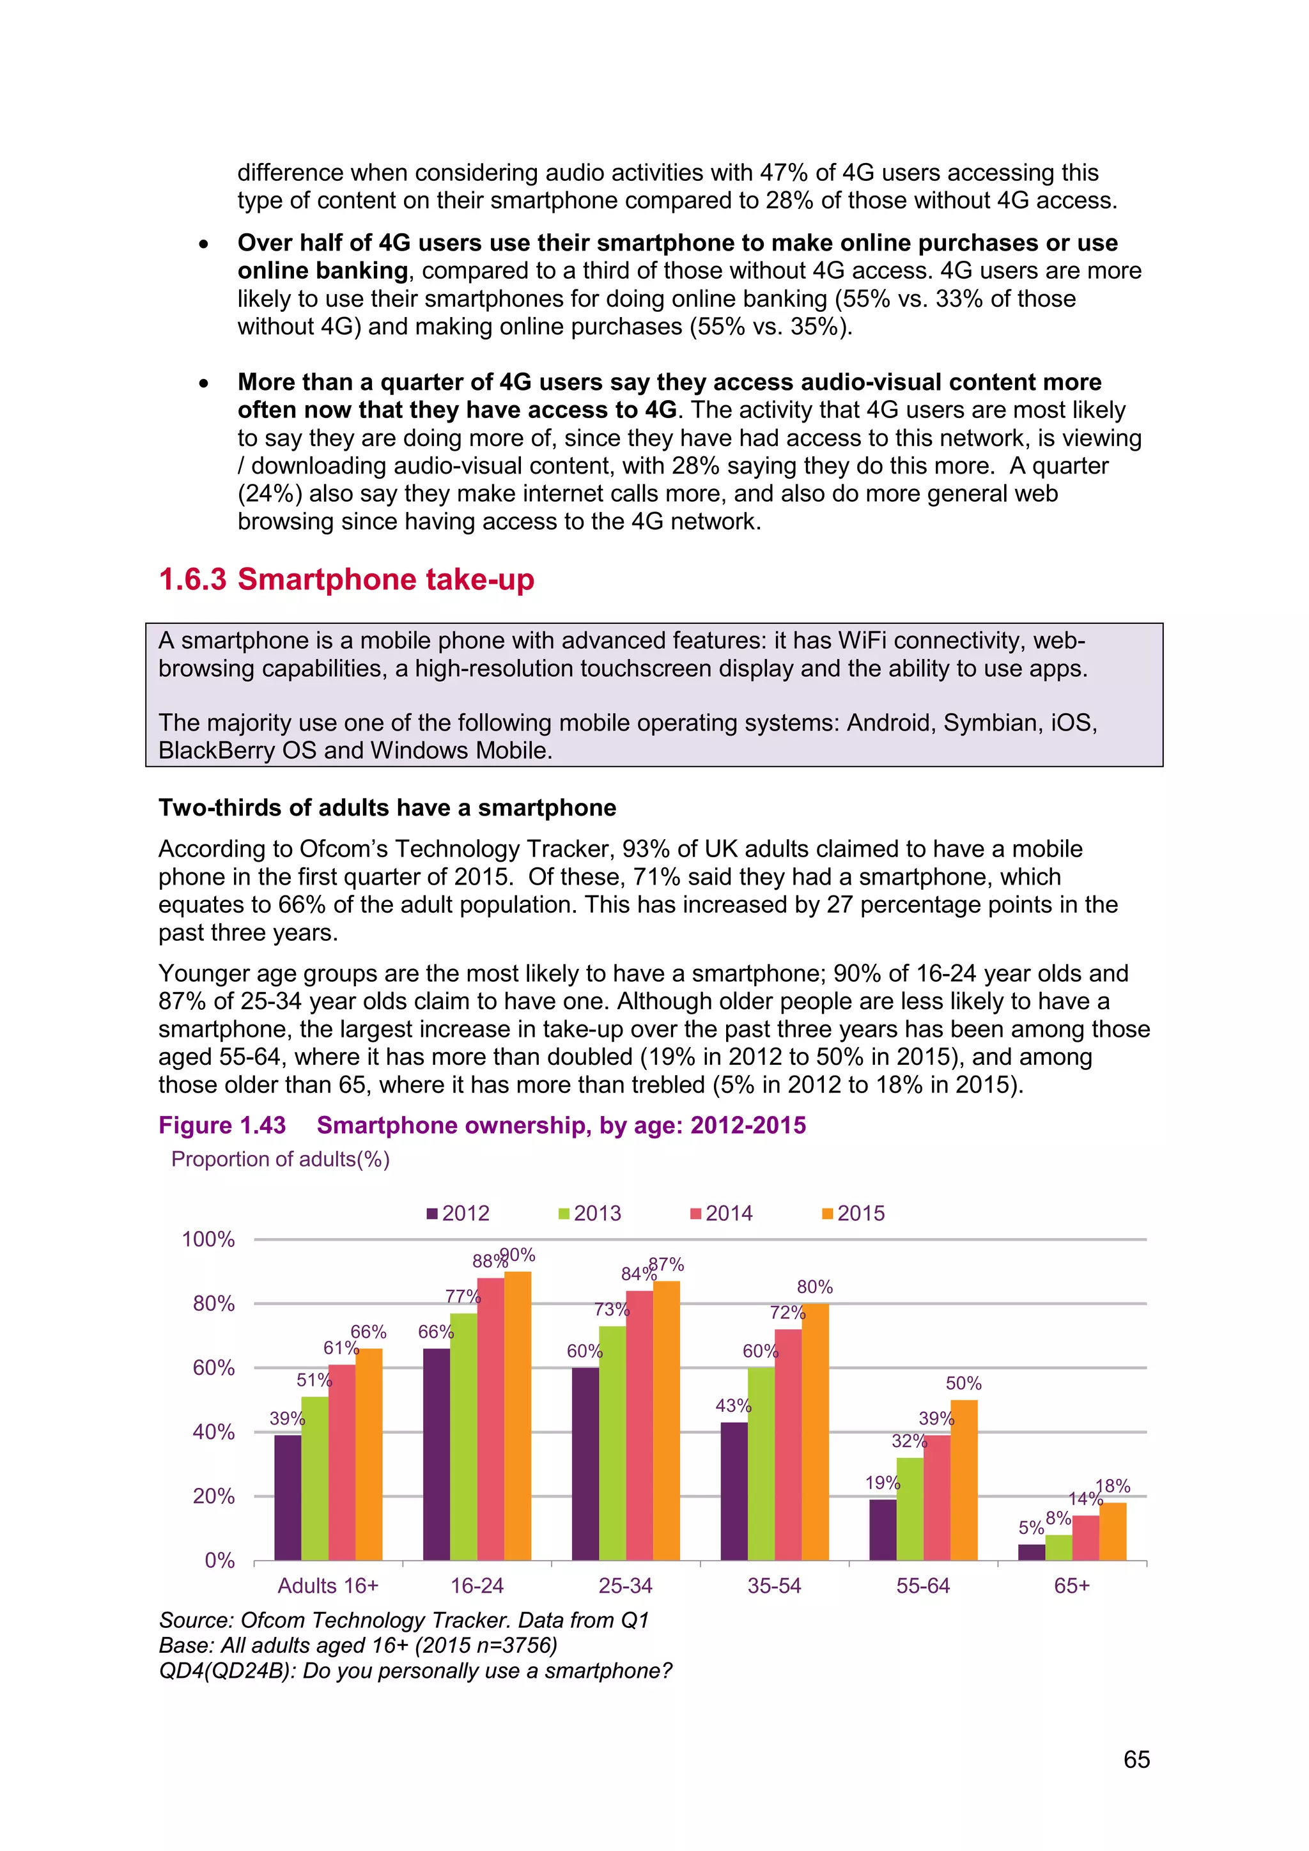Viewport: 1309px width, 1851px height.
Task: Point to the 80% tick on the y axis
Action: [x=213, y=1304]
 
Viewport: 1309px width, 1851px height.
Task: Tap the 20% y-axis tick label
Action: [x=213, y=1496]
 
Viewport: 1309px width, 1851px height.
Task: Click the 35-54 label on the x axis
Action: [x=774, y=1586]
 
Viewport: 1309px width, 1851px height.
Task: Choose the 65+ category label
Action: [x=1071, y=1586]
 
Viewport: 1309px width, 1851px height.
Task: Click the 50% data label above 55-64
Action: [x=963, y=1383]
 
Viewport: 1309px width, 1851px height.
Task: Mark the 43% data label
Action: [x=732, y=1406]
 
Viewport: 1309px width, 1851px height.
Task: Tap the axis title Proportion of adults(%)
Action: [x=281, y=1159]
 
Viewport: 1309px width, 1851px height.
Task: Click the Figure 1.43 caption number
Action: [x=222, y=1126]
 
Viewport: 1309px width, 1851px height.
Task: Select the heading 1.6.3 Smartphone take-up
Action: [x=346, y=579]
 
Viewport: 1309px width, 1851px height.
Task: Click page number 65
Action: [x=1136, y=1759]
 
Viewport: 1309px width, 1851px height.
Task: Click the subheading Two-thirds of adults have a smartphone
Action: [x=387, y=808]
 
